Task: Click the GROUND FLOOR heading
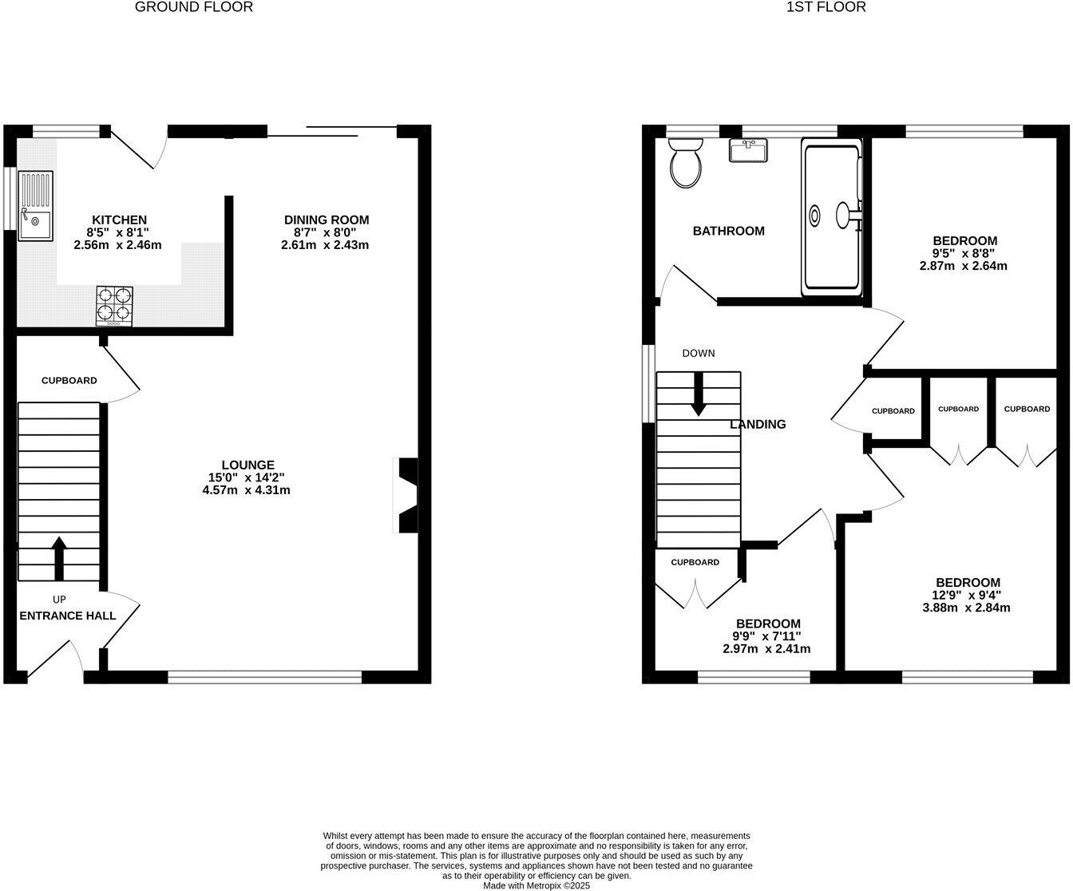194,7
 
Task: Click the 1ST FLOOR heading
826,7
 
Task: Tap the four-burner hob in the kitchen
114,305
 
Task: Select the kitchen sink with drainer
35,205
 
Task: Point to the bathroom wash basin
748,149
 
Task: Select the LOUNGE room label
247,465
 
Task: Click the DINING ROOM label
327,220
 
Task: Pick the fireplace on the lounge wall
406,494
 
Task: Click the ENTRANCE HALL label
67,616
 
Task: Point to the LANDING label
758,425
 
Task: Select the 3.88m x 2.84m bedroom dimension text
968,608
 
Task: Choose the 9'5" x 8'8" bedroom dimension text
964,253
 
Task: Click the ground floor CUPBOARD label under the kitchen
69,381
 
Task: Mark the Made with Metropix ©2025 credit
536,885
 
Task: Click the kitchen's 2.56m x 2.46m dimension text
117,245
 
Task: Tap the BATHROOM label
728,232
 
